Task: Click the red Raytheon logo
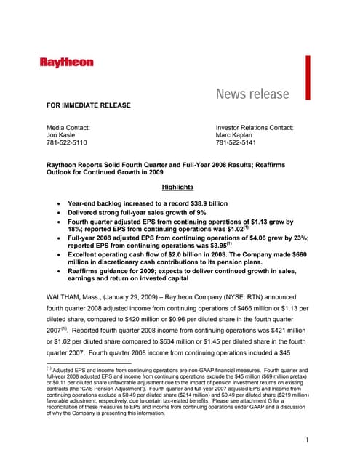(67, 63)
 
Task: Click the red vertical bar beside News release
(308, 77)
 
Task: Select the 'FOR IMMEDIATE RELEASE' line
(89, 106)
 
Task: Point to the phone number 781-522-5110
(67, 144)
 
